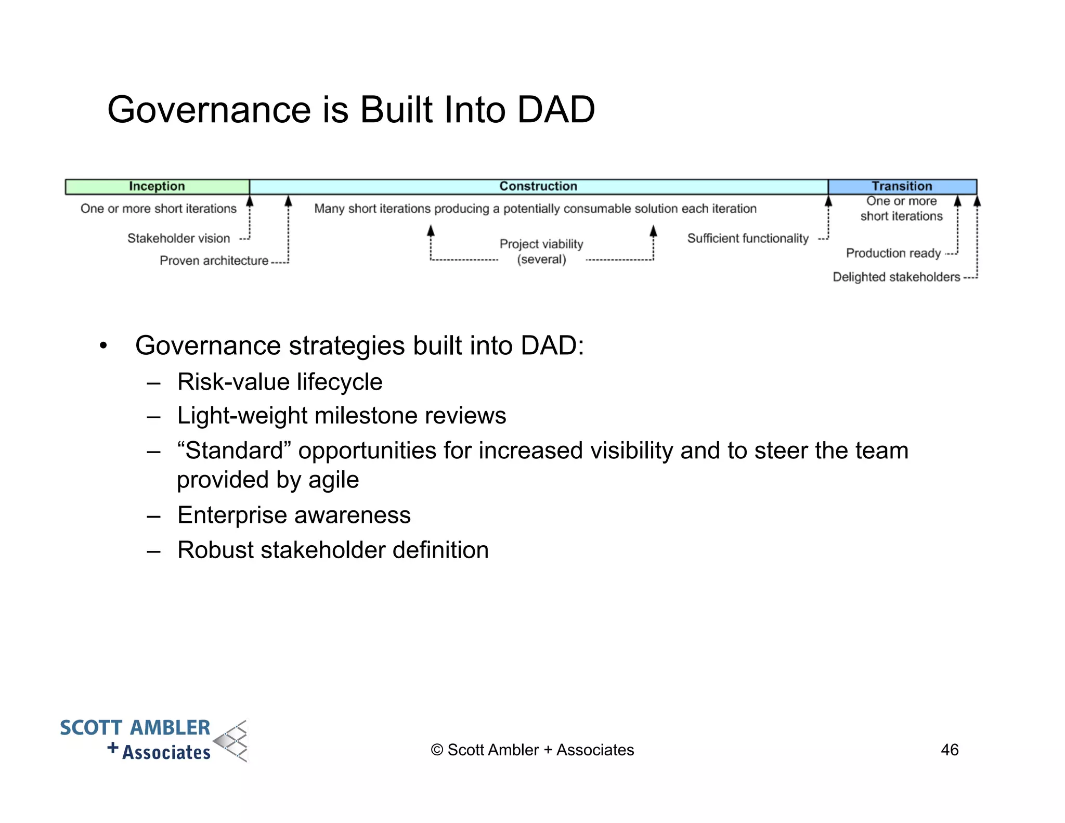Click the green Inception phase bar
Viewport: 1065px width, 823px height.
pyautogui.click(x=157, y=186)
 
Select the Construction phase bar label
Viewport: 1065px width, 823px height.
pyautogui.click(x=538, y=186)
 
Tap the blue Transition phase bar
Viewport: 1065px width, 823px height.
pyautogui.click(x=902, y=186)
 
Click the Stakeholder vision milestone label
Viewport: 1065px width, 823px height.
pyautogui.click(x=178, y=238)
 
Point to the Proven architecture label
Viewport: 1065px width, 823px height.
pyautogui.click(x=214, y=261)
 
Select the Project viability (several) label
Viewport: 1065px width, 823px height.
pyautogui.click(x=541, y=251)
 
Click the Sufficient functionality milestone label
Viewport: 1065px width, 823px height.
pyautogui.click(x=748, y=238)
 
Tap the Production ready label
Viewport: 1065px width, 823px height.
pyautogui.click(x=893, y=253)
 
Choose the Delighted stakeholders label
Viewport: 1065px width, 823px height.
pyautogui.click(x=896, y=277)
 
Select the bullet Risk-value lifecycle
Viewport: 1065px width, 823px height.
pyautogui.click(x=280, y=382)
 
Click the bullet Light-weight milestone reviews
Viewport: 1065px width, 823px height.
pyautogui.click(x=341, y=416)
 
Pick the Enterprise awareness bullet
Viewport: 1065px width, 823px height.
pyautogui.click(x=294, y=515)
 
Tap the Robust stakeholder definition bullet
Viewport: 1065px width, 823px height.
pyautogui.click(x=333, y=550)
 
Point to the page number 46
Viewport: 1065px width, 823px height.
pyautogui.click(x=950, y=750)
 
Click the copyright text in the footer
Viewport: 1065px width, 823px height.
pyautogui.click(x=532, y=750)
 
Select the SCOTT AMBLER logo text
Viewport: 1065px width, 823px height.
pyautogui.click(x=135, y=728)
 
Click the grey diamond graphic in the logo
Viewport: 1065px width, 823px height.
pyautogui.click(x=232, y=741)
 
